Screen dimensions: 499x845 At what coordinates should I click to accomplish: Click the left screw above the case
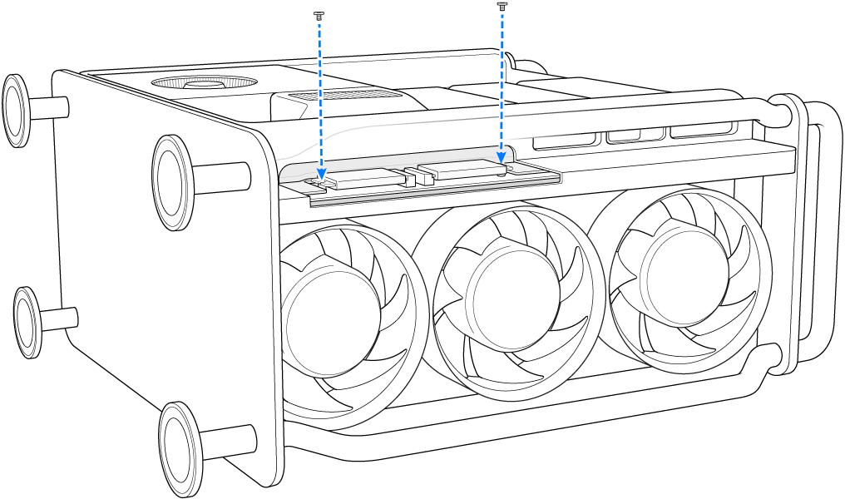(318, 15)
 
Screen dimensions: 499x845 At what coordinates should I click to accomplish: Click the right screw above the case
(502, 6)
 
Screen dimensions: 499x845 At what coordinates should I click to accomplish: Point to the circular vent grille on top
(203, 82)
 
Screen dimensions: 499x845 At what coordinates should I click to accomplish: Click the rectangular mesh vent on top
(329, 97)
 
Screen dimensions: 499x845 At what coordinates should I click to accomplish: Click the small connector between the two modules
(410, 177)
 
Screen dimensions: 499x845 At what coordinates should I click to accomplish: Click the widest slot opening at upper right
(701, 131)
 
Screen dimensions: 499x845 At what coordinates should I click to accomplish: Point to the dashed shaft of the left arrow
(319, 91)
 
